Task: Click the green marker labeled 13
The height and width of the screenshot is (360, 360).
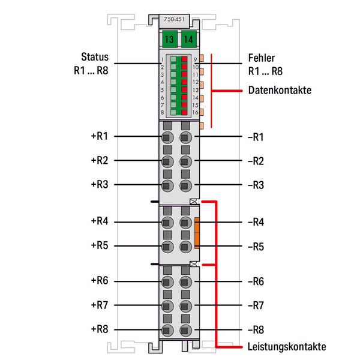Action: click(170, 39)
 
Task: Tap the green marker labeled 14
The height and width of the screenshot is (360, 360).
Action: click(189, 39)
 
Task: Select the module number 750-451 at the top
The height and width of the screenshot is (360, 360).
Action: click(174, 19)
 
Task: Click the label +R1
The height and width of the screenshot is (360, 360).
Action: click(100, 136)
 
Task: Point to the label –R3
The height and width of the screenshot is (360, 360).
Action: click(256, 185)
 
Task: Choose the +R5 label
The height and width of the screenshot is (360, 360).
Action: click(100, 245)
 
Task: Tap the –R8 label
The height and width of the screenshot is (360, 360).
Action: click(256, 330)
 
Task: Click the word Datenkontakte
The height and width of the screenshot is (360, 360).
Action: click(280, 90)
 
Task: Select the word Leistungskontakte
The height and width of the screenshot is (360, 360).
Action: click(287, 347)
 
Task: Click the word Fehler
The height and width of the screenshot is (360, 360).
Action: click(262, 58)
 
